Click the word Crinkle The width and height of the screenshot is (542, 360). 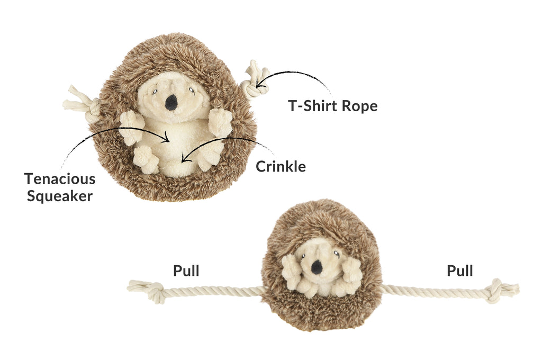pyautogui.click(x=281, y=166)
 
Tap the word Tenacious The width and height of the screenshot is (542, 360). pyautogui.click(x=60, y=179)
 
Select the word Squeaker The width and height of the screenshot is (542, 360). pyautogui.click(x=60, y=196)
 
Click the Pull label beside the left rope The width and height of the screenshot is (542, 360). pyautogui.click(x=186, y=271)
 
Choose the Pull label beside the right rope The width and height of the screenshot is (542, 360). pyautogui.click(x=460, y=271)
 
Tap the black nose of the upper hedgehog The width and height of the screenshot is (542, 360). pyautogui.click(x=171, y=102)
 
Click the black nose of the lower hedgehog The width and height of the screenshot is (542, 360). pyautogui.click(x=317, y=267)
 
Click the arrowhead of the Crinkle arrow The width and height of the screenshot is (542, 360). pyautogui.click(x=184, y=159)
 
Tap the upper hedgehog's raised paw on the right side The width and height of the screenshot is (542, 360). pyautogui.click(x=220, y=122)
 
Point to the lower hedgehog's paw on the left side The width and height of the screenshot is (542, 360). pyautogui.click(x=291, y=269)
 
